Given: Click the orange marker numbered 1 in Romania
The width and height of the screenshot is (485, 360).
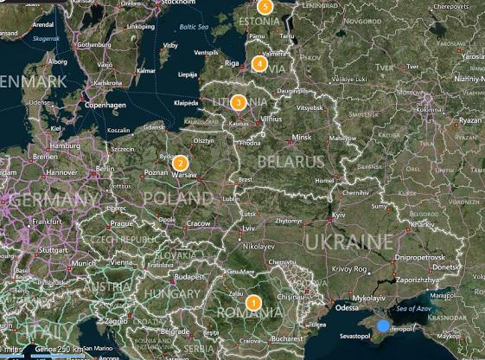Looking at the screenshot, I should coord(253,303).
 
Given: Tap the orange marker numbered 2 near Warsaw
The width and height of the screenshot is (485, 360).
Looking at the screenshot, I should coord(181,163).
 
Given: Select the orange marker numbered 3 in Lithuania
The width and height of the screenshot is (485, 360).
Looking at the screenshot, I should coord(238,102).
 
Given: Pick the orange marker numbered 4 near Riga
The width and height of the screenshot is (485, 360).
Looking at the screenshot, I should coord(259,62).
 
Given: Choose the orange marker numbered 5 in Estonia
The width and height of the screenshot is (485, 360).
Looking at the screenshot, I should coord(265,7).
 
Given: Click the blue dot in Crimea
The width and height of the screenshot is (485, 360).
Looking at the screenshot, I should coord(384,325).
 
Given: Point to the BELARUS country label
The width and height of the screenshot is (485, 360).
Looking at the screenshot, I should coord(284,162).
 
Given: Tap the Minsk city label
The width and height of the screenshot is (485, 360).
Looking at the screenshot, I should coord(302,138).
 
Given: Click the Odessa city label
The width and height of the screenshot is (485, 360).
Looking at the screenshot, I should coord(347,307).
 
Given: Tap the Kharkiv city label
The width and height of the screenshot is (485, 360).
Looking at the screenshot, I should coord(422,224).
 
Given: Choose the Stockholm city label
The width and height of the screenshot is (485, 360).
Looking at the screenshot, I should coord(179,3).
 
